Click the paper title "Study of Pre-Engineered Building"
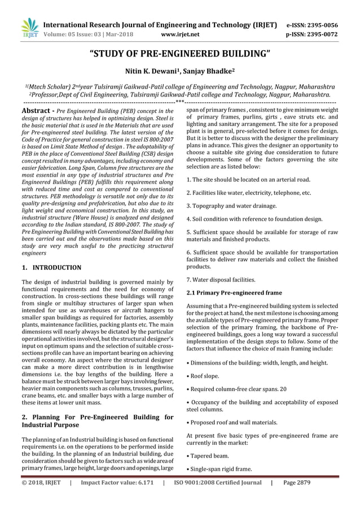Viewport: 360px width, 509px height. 180,55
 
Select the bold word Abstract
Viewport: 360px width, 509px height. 37,112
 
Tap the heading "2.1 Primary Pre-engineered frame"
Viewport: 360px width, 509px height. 234,292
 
